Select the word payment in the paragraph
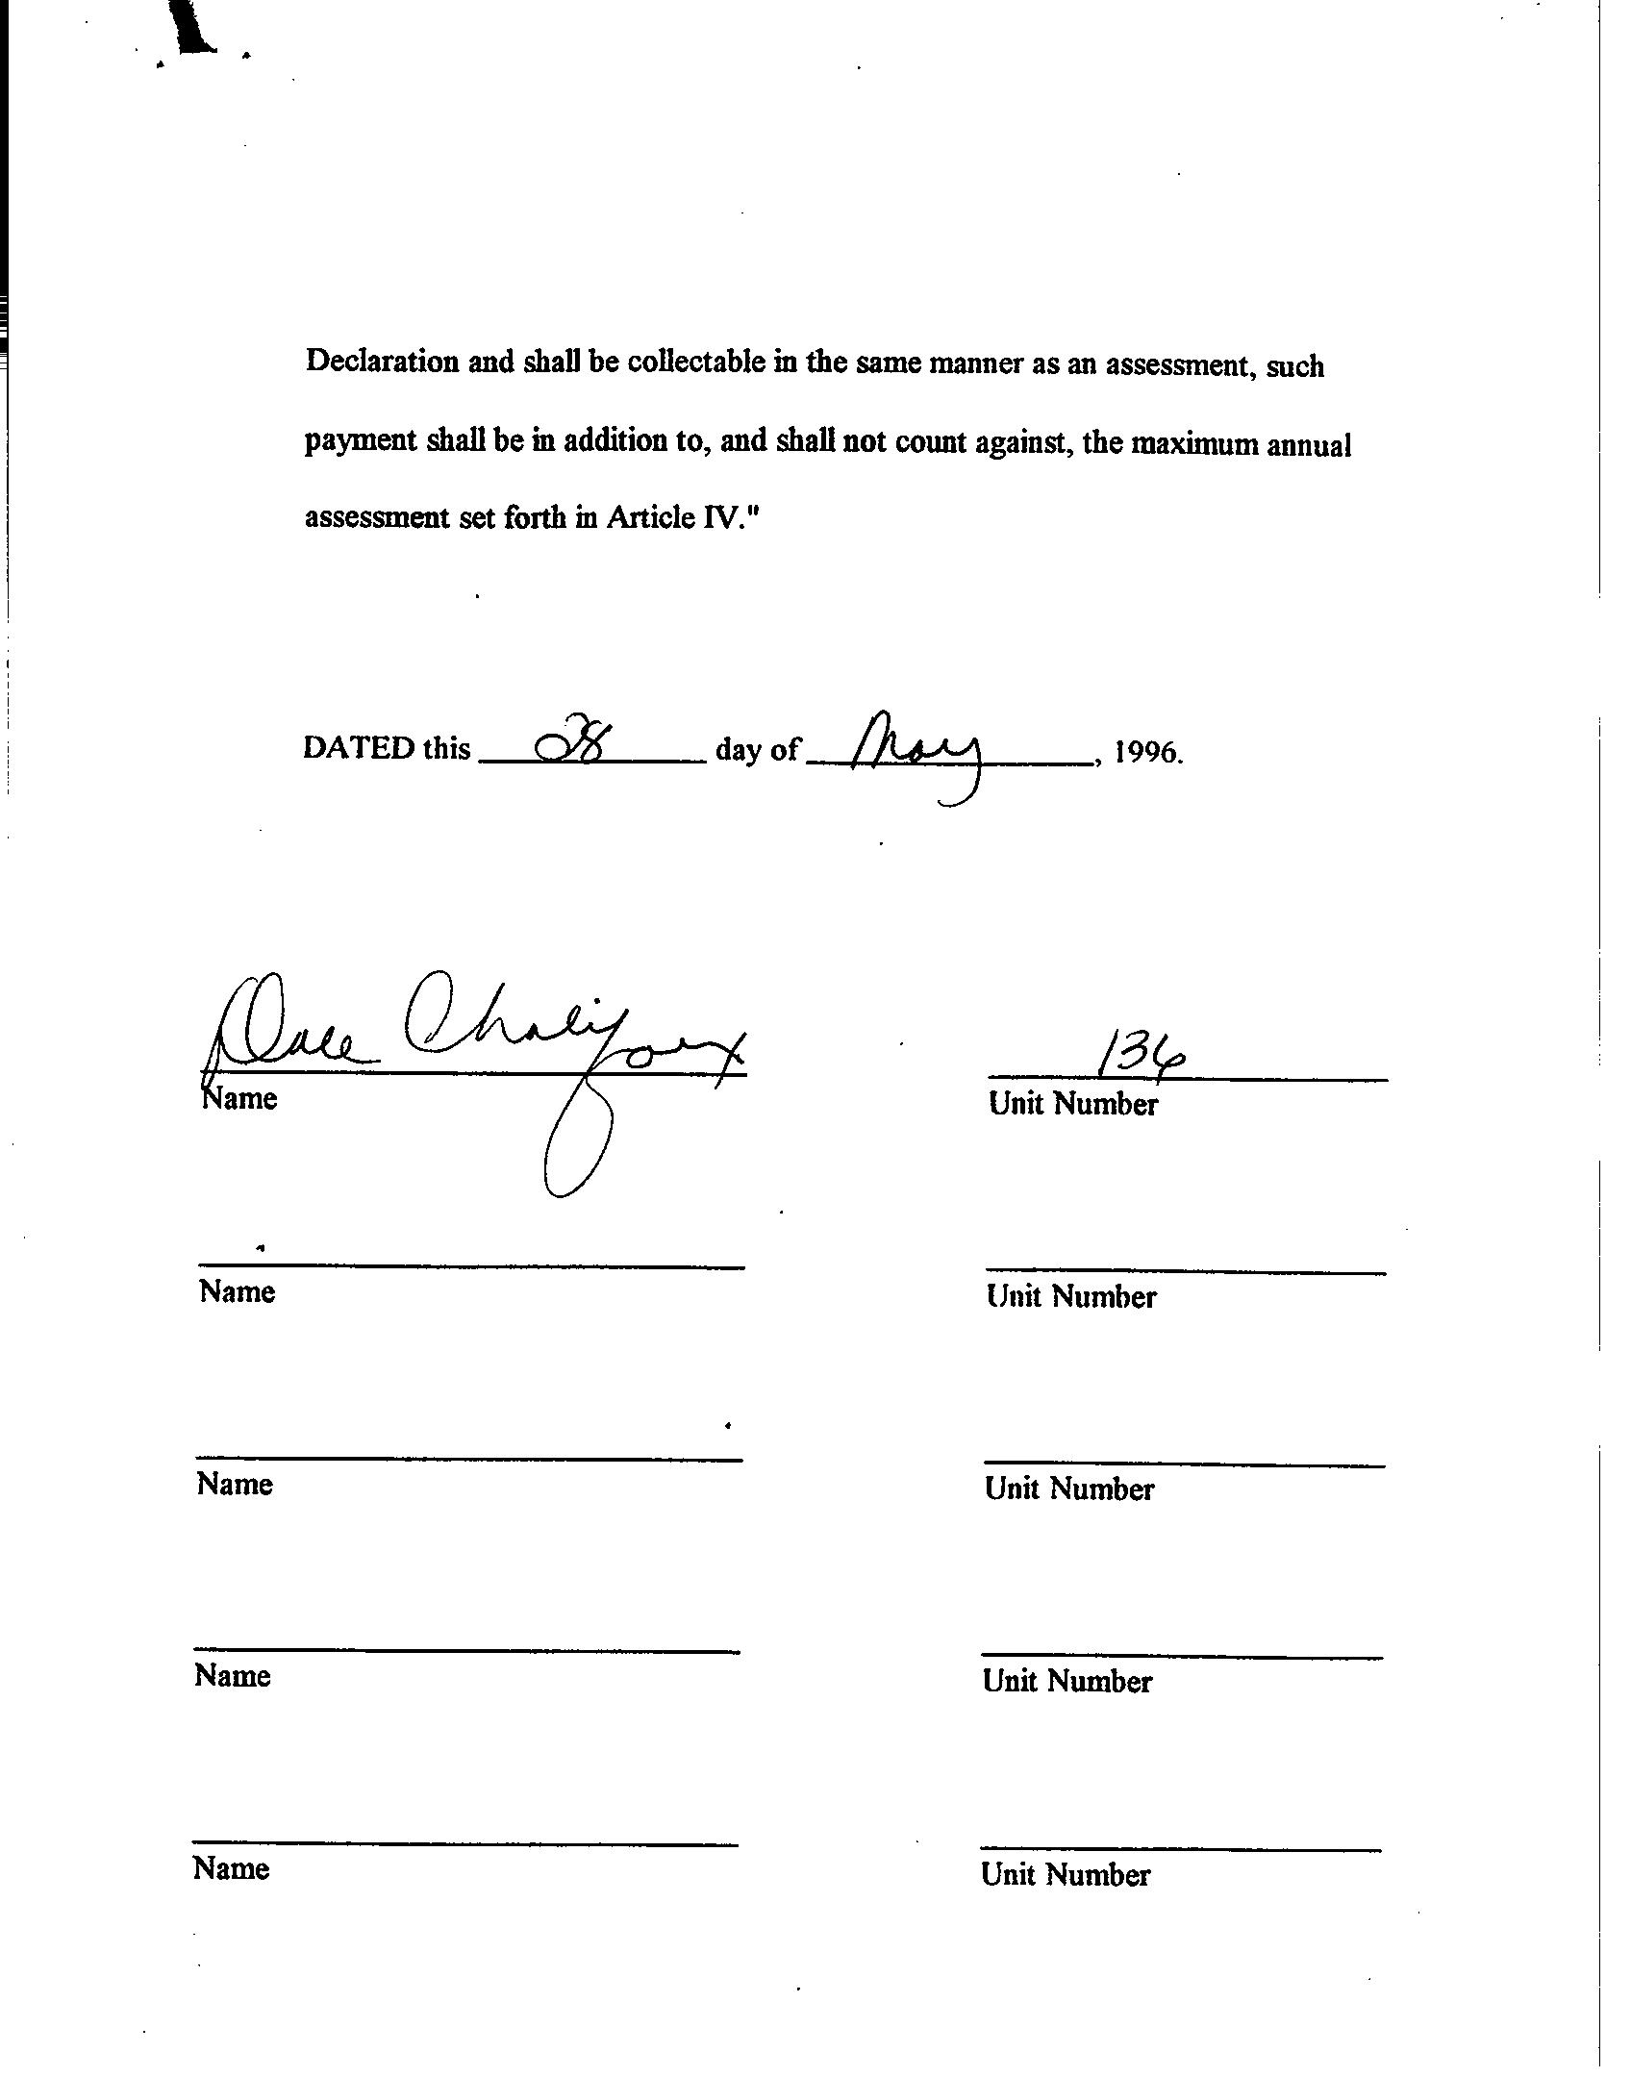(x=361, y=440)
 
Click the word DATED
(x=359, y=748)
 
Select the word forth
(x=535, y=517)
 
